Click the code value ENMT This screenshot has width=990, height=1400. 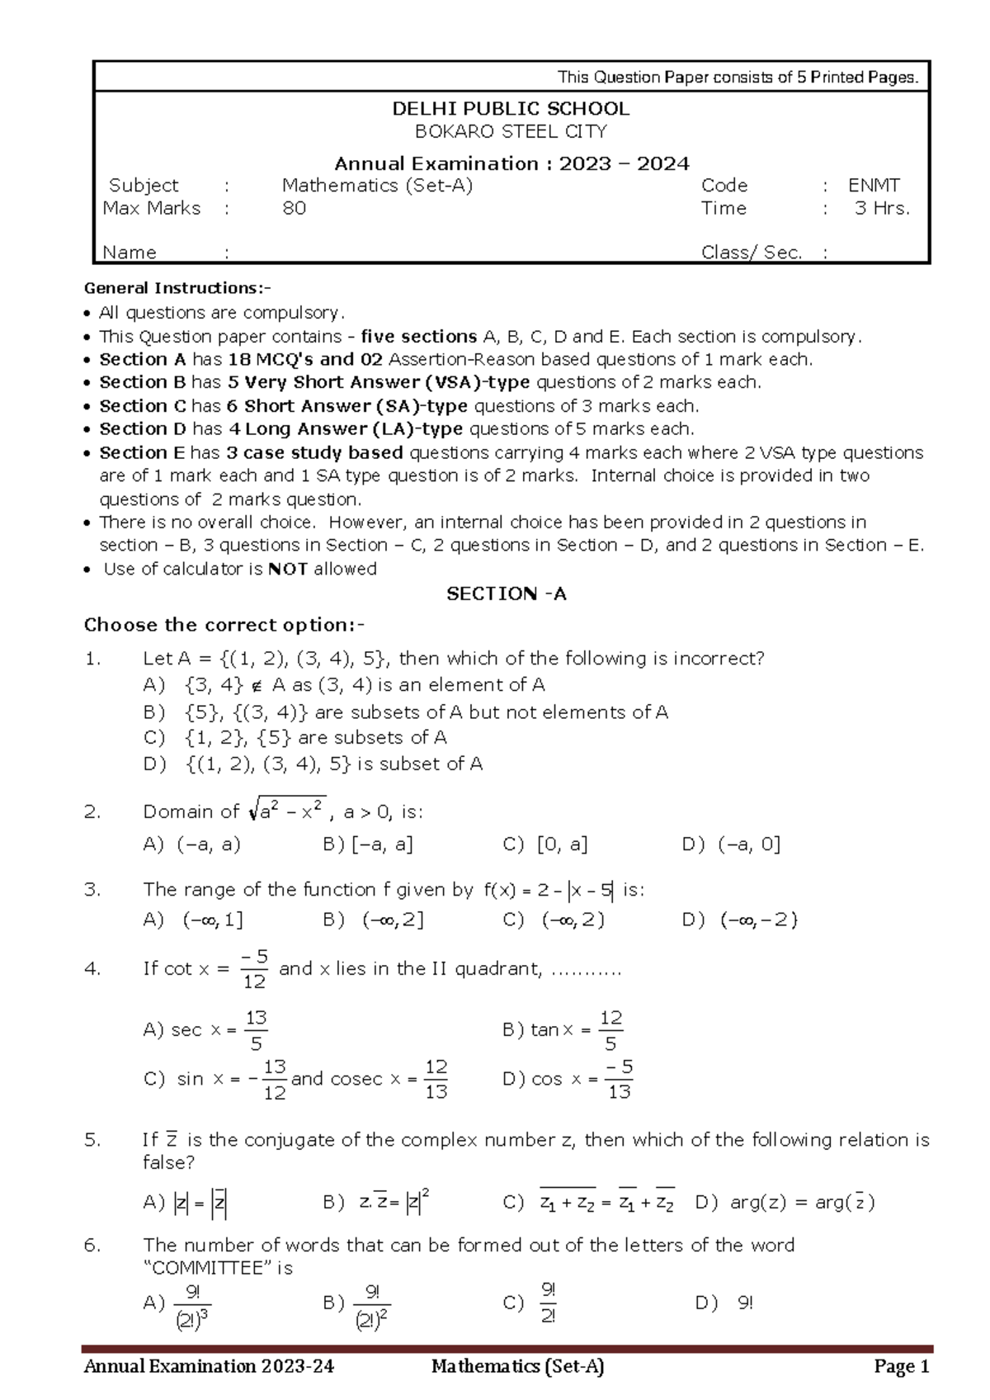tap(874, 186)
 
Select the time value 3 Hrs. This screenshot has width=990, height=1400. tap(882, 208)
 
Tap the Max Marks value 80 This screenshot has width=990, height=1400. tap(294, 208)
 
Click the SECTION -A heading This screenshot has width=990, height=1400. tap(506, 594)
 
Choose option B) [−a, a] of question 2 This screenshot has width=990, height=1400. tap(368, 844)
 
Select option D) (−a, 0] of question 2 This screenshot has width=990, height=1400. tap(731, 844)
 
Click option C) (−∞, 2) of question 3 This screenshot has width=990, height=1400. tap(554, 920)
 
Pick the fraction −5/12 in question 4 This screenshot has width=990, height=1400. tap(254, 969)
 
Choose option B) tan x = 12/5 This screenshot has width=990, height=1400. tap(563, 1030)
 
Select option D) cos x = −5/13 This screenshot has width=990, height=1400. tap(568, 1079)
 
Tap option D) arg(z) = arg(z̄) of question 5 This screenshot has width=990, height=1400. tap(785, 1203)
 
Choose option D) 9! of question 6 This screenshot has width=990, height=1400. tap(724, 1303)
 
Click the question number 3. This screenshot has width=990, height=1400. tap(92, 890)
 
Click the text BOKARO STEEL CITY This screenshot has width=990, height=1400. tap(510, 132)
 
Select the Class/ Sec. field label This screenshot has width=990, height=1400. tap(751, 253)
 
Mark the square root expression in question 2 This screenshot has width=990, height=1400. tap(287, 811)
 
